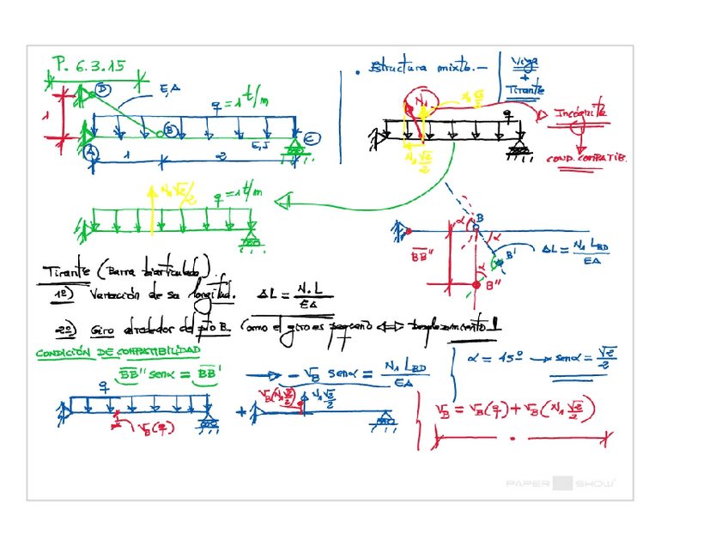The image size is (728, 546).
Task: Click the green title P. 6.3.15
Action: [x=89, y=64]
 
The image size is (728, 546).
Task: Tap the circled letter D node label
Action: [x=103, y=88]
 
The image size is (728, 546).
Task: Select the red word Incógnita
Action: [x=580, y=112]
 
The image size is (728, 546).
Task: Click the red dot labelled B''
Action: [x=479, y=283]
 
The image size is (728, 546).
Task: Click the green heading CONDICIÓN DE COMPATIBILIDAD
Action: [x=118, y=352]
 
